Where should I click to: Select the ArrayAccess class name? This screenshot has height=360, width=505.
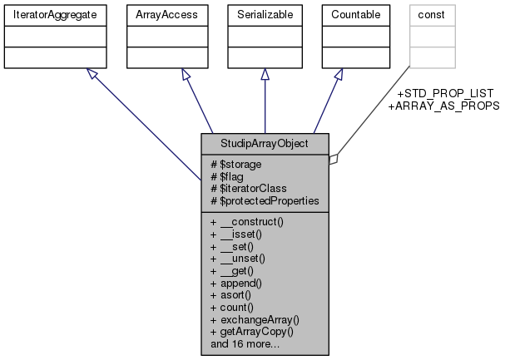point(160,14)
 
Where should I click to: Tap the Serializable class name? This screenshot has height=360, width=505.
point(265,14)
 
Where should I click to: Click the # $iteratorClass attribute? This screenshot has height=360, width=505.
point(250,188)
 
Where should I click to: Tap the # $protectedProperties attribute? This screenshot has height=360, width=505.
point(265,200)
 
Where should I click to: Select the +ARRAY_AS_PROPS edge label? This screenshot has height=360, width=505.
point(443,106)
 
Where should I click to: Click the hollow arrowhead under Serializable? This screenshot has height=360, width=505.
point(265,75)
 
